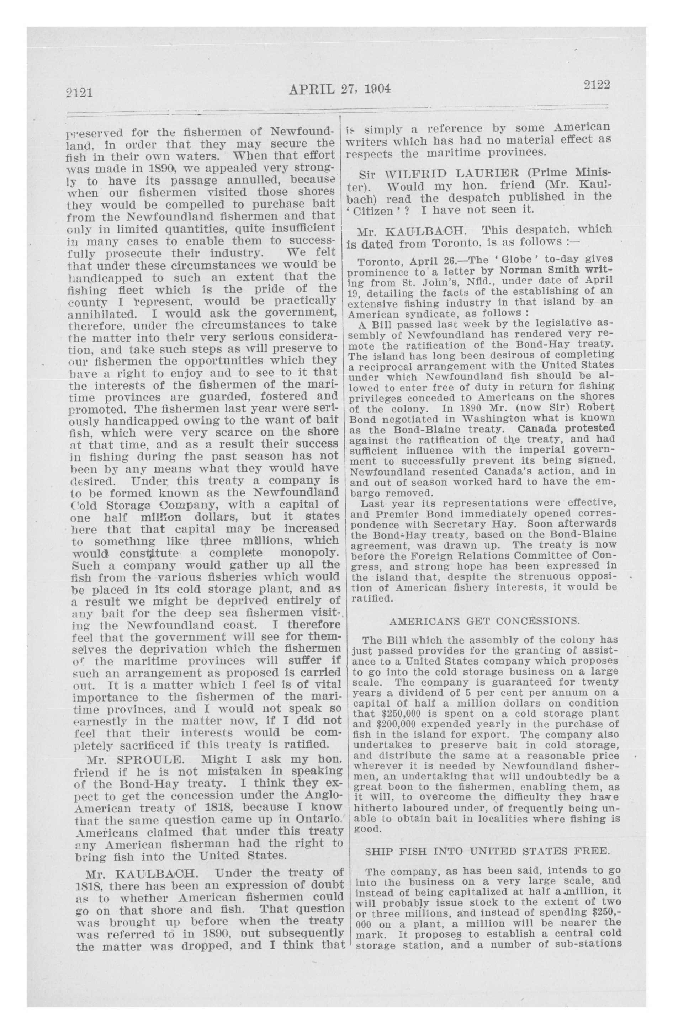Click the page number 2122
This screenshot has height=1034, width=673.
[x=597, y=85]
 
